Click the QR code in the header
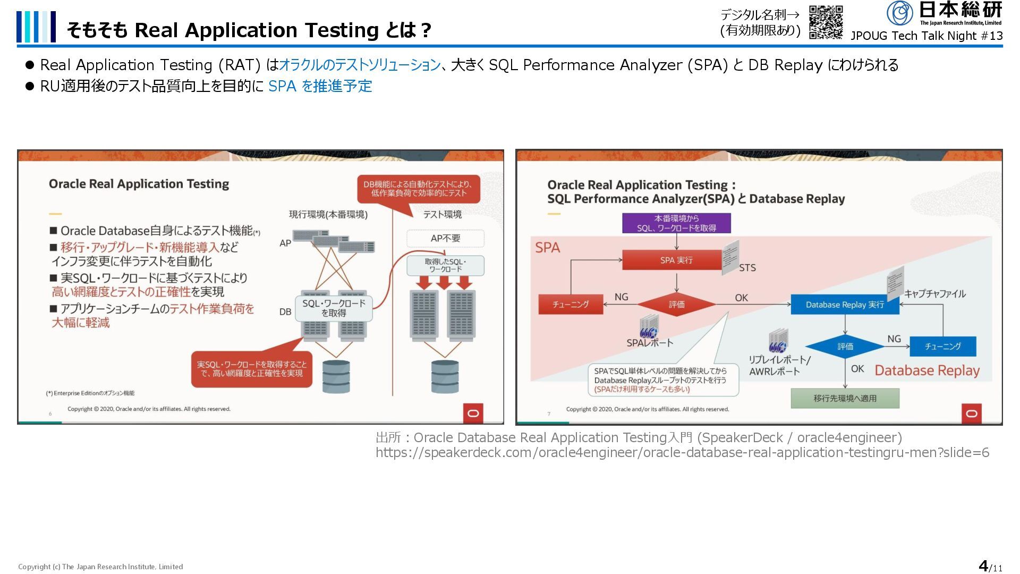click(x=826, y=22)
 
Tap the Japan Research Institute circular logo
click(x=899, y=13)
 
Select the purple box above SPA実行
click(x=676, y=223)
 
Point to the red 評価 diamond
click(x=676, y=305)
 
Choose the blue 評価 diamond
click(x=845, y=347)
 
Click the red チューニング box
click(x=571, y=305)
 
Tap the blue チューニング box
click(x=942, y=347)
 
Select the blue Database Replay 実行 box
click(x=845, y=305)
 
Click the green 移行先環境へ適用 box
click(x=845, y=398)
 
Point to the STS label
click(x=747, y=268)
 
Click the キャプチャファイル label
click(x=935, y=294)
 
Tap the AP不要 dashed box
click(x=445, y=238)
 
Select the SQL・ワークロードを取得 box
click(x=334, y=308)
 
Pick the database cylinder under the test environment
click(x=445, y=377)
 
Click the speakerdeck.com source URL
click(x=682, y=453)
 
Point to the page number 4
click(x=983, y=565)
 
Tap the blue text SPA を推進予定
click(x=320, y=86)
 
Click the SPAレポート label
click(x=649, y=343)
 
